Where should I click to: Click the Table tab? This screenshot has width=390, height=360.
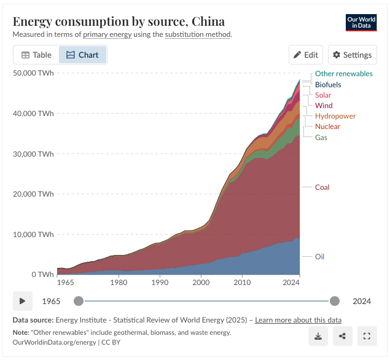(37, 55)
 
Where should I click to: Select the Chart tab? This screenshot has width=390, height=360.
(83, 55)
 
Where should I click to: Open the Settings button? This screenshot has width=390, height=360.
(352, 55)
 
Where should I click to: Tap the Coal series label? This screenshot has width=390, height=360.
(322, 187)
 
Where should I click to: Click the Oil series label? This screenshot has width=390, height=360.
(319, 256)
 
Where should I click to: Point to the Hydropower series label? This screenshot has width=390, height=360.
(335, 116)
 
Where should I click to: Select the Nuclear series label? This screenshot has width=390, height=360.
(327, 127)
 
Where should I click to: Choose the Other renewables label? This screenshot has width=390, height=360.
(343, 74)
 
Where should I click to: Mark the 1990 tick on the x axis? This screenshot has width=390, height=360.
(160, 283)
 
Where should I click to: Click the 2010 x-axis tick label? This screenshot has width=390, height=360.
(243, 283)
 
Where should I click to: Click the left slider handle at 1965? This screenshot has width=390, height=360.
(78, 301)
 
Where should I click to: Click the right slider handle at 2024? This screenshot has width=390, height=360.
(335, 301)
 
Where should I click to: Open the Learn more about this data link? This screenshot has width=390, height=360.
(298, 320)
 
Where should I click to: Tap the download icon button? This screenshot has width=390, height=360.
(318, 336)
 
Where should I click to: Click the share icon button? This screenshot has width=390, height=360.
(342, 336)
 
